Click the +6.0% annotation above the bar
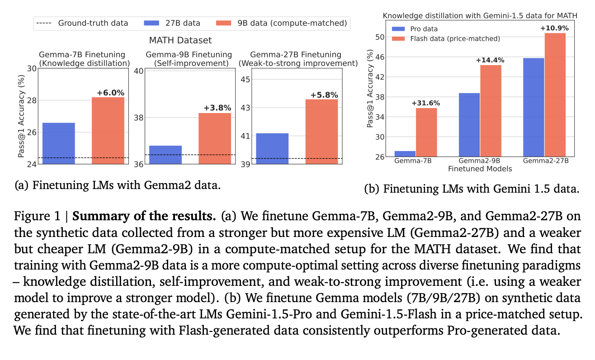point(110,93)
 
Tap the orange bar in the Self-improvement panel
point(215,138)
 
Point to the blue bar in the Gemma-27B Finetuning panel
point(272,148)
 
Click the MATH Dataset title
point(180,40)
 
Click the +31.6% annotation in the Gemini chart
point(425,103)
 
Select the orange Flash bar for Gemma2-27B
point(555,95)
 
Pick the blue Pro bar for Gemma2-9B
point(469,125)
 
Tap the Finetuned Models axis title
point(480,169)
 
